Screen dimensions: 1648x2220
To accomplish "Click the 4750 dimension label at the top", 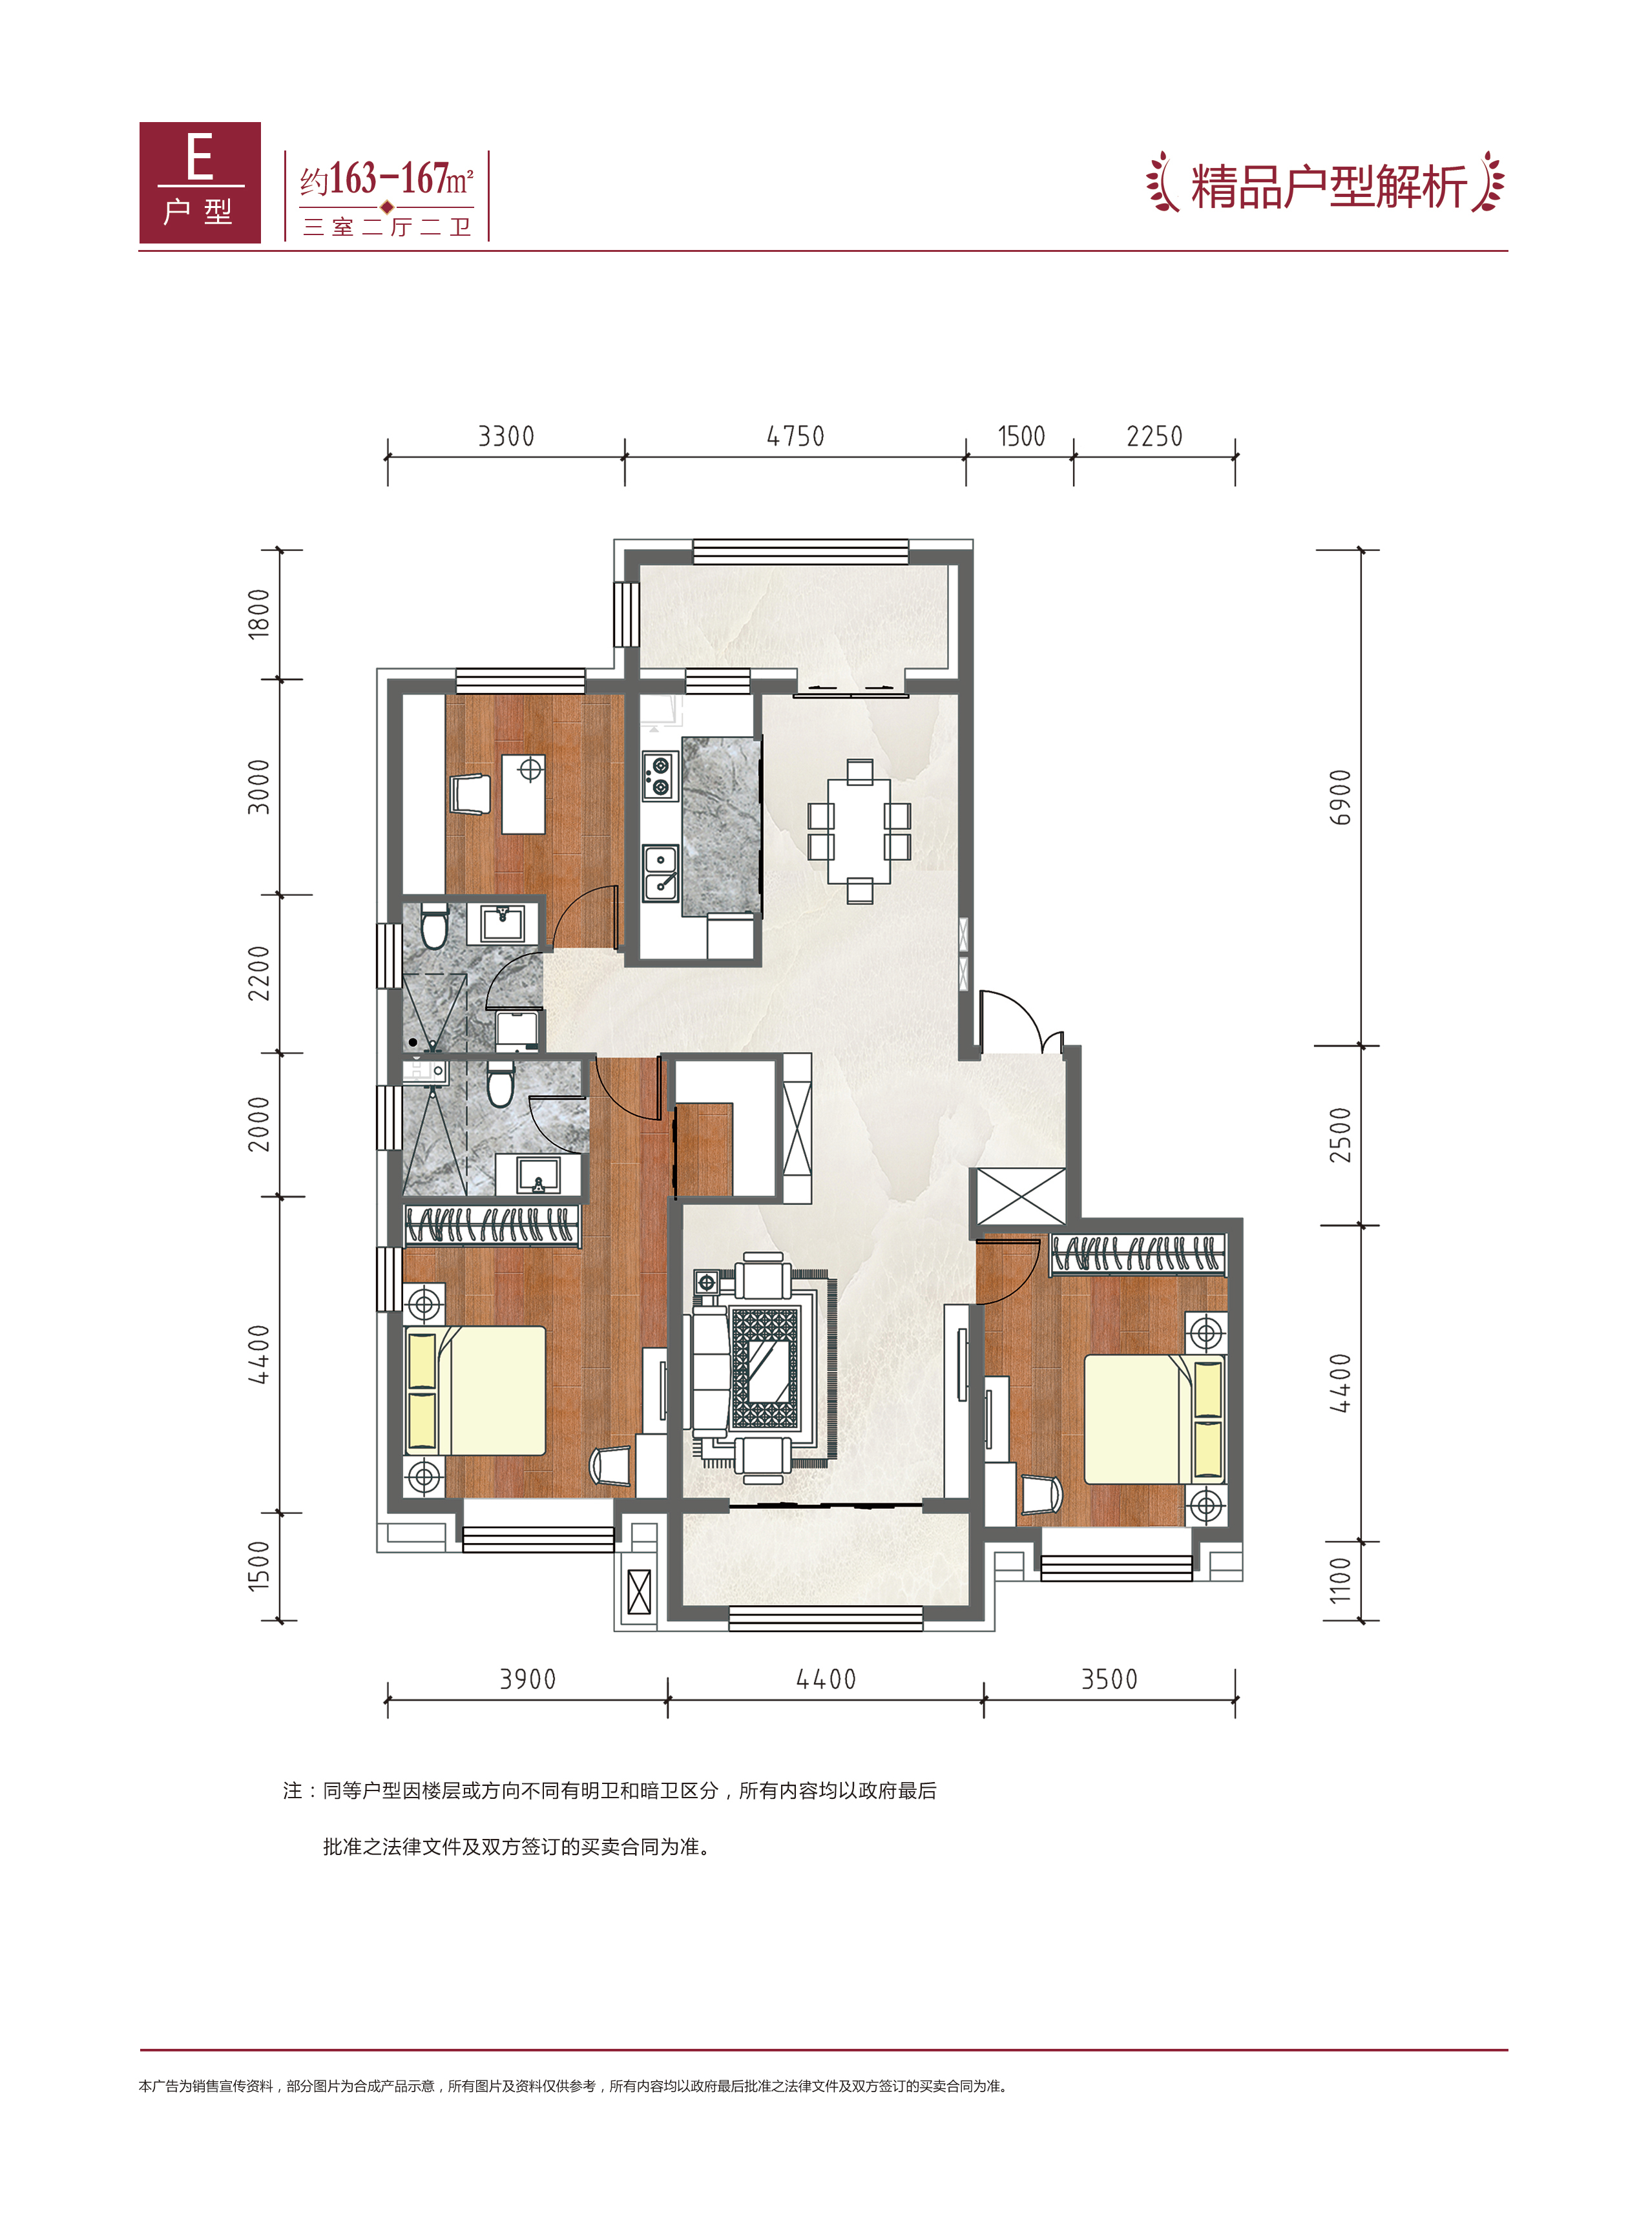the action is coord(795,436).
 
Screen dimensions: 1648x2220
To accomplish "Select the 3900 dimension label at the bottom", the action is coord(528,1679).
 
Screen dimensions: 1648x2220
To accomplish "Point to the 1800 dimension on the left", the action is coord(258,614).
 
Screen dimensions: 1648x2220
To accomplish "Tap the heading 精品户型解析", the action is coord(1328,187).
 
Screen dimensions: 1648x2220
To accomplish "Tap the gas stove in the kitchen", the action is coord(658,777).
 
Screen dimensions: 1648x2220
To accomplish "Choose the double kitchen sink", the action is coord(660,873).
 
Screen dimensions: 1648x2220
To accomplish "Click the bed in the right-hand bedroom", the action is coord(1154,1418).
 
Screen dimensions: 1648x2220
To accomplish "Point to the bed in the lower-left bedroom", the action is coord(475,1390).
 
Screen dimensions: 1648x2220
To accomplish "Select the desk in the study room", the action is coord(523,794).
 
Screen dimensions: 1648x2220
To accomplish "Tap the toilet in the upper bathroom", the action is coord(434,926).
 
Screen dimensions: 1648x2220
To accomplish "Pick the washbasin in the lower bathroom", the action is coord(539,1175).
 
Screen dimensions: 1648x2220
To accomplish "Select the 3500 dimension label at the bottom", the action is coord(1109,1679).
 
